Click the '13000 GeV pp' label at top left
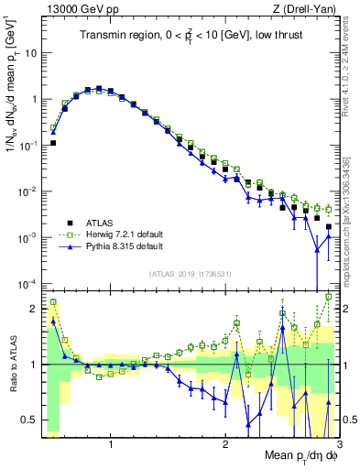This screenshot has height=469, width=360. [79, 9]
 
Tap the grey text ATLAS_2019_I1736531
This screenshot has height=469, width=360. [190, 273]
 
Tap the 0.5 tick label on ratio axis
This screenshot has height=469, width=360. [31, 420]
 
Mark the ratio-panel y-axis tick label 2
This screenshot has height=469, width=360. [35, 309]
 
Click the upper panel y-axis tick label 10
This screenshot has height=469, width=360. [31, 53]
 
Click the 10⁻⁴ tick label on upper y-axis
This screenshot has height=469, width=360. [28, 283]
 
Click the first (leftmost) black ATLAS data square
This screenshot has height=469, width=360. [53, 143]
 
